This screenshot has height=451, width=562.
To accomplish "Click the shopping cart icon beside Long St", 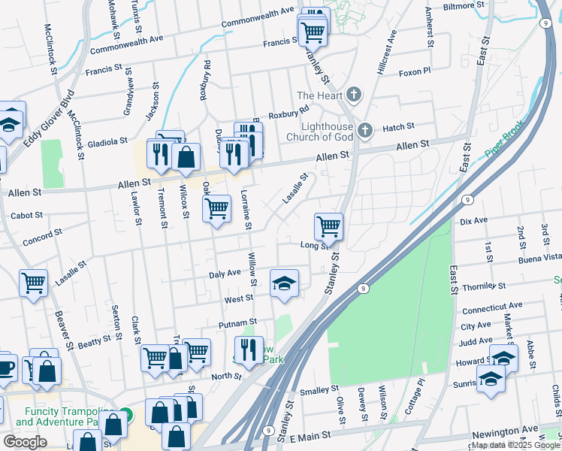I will click(328, 225).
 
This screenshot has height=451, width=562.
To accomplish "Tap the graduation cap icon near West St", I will click(284, 283).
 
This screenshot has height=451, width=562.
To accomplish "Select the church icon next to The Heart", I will click(353, 95).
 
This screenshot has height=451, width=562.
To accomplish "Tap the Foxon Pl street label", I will click(415, 72).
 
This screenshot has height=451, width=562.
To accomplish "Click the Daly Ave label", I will click(225, 274).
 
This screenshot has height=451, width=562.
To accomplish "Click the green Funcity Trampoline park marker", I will click(126, 414).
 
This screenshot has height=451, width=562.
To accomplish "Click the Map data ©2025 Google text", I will click(515, 445).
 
